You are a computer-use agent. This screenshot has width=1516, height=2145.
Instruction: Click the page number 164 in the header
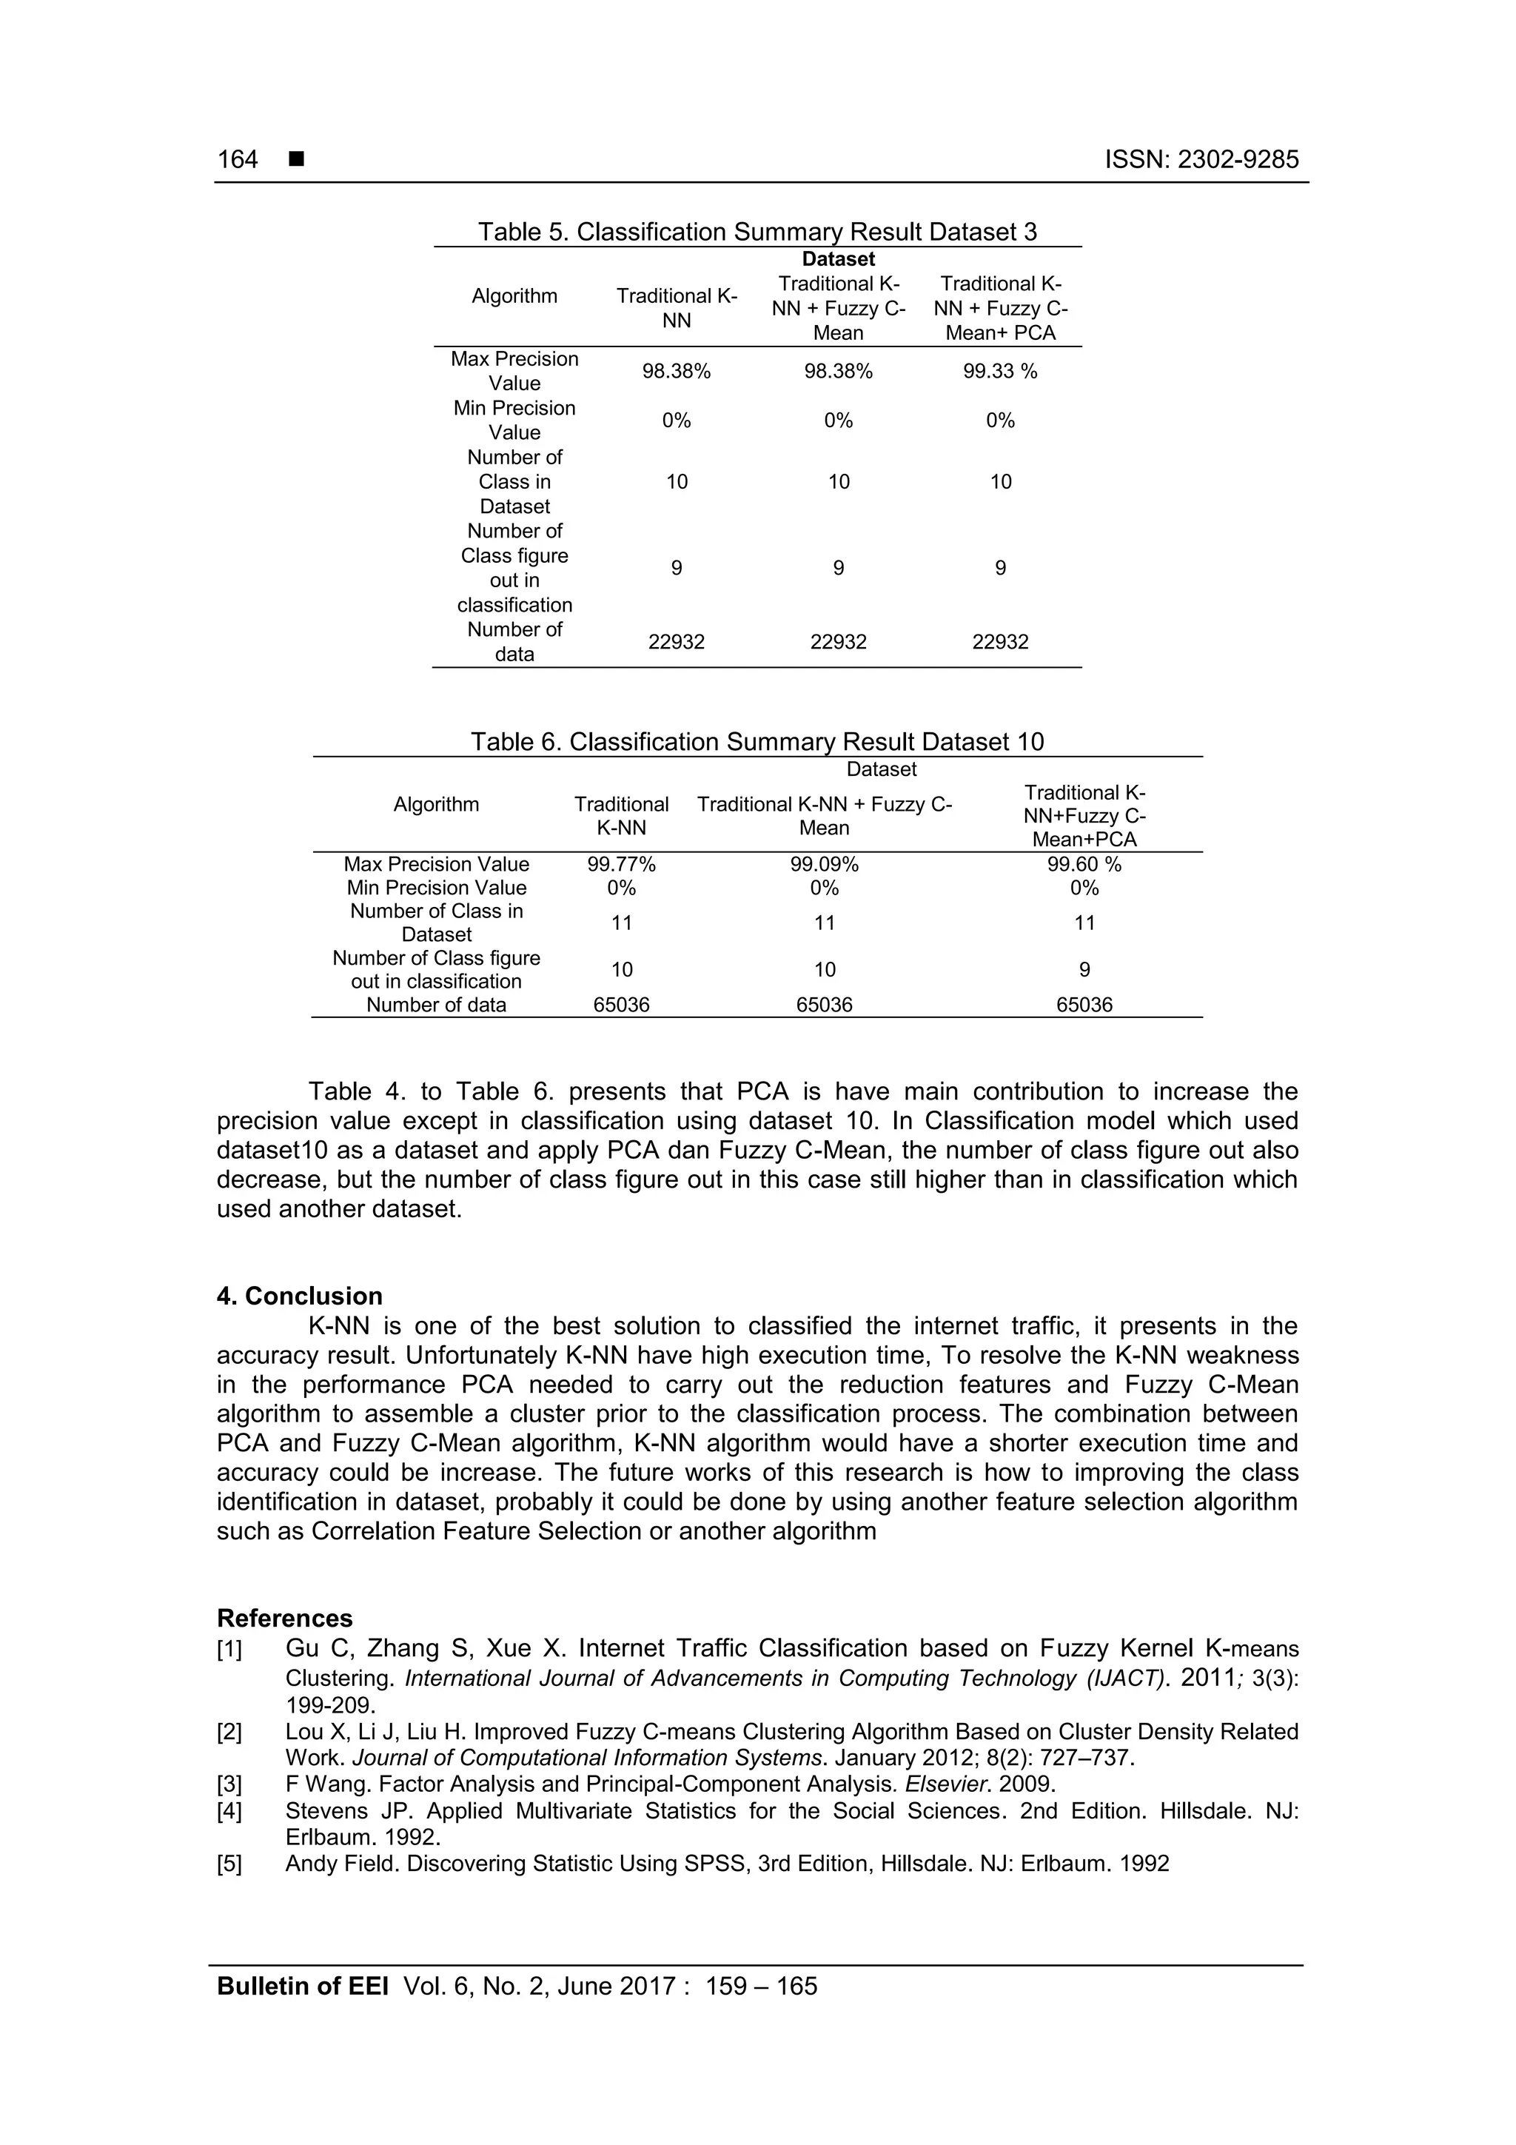[238, 160]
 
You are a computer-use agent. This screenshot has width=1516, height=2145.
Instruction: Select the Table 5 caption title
[757, 232]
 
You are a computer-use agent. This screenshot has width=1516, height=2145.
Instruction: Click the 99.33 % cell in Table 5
[999, 372]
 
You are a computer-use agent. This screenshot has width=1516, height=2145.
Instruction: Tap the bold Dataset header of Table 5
[838, 260]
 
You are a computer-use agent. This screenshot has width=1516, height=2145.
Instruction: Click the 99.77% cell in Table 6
[621, 865]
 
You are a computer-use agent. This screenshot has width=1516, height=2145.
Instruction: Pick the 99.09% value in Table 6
[824, 865]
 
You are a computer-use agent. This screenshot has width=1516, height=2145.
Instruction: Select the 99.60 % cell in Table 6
[1084, 865]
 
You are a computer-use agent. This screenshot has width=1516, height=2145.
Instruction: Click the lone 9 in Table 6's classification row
[1084, 970]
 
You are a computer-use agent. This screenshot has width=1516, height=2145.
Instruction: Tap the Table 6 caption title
[757, 742]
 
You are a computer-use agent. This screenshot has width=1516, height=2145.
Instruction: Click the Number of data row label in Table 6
[436, 1005]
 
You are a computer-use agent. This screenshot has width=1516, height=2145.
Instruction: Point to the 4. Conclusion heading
[300, 1296]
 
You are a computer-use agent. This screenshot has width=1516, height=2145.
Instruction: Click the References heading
[285, 1618]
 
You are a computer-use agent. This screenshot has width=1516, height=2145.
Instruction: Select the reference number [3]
[229, 1784]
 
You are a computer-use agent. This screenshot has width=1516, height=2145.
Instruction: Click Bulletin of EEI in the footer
[303, 1987]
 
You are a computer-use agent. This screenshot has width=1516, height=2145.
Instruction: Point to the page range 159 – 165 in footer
[761, 1987]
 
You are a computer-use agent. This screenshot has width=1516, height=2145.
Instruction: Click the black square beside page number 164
[296, 160]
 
